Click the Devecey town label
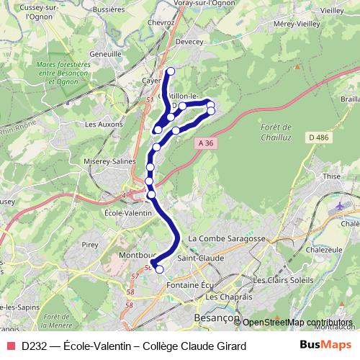click(191, 42)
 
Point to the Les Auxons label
click(100, 124)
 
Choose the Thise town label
click(332, 175)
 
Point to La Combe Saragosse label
click(227, 238)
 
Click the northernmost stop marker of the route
click(171, 71)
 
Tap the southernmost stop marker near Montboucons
click(159, 270)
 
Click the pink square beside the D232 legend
click(9, 346)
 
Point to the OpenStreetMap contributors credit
click(297, 322)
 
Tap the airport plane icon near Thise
click(339, 207)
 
